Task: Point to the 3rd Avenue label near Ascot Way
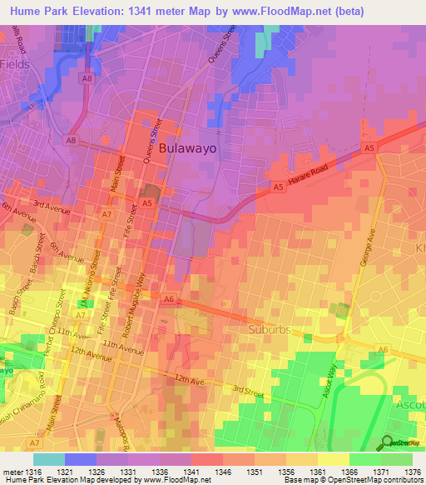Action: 248,389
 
